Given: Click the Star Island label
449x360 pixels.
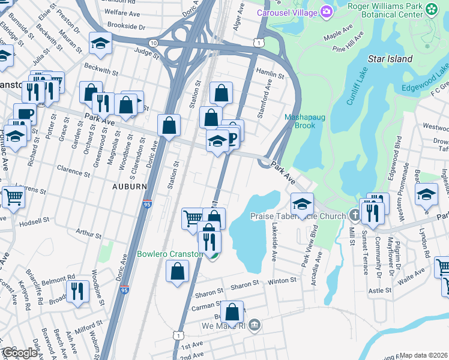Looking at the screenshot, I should click(x=390, y=59).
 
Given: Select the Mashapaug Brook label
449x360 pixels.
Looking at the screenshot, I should click(x=305, y=121).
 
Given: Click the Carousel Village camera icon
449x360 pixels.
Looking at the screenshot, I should click(x=326, y=11).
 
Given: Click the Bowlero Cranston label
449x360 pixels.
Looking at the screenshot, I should click(x=169, y=254).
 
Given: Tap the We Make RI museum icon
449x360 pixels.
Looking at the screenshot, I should click(x=255, y=325).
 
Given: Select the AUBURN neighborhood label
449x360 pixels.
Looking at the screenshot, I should click(x=129, y=187).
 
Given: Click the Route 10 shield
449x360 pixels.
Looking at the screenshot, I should click(x=154, y=43).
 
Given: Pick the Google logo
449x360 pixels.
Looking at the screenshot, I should click(x=20, y=353).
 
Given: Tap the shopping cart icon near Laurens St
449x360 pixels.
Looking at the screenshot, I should click(x=13, y=196).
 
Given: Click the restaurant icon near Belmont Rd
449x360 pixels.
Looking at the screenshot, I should click(x=78, y=290).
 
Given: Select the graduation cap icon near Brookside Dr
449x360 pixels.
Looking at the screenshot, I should click(x=100, y=43).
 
